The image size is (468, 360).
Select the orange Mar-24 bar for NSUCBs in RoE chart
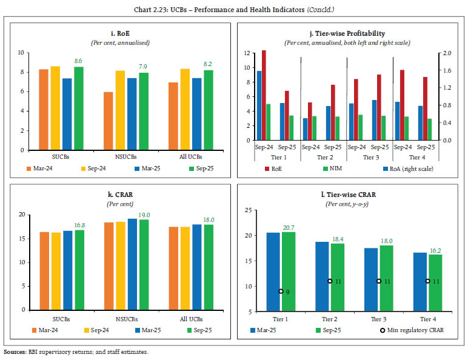tap(108, 121)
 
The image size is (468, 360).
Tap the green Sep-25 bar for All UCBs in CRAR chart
tap(209, 267)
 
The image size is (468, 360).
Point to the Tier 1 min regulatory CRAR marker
tap(281, 292)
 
